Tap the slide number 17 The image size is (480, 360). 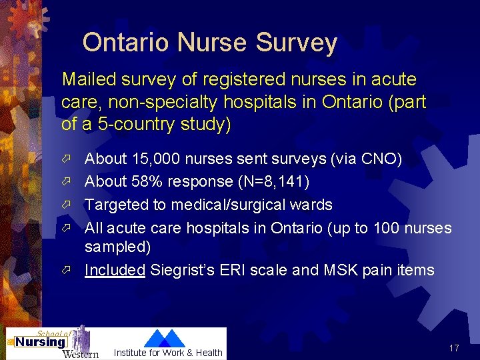click(455, 348)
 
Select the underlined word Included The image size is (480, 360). click(115, 270)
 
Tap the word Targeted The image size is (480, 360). click(117, 205)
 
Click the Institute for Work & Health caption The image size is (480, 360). click(168, 353)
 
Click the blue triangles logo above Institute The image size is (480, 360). click(165, 338)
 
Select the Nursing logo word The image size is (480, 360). click(41, 342)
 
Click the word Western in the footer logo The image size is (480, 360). click(80, 353)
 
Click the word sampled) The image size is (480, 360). click(118, 247)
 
